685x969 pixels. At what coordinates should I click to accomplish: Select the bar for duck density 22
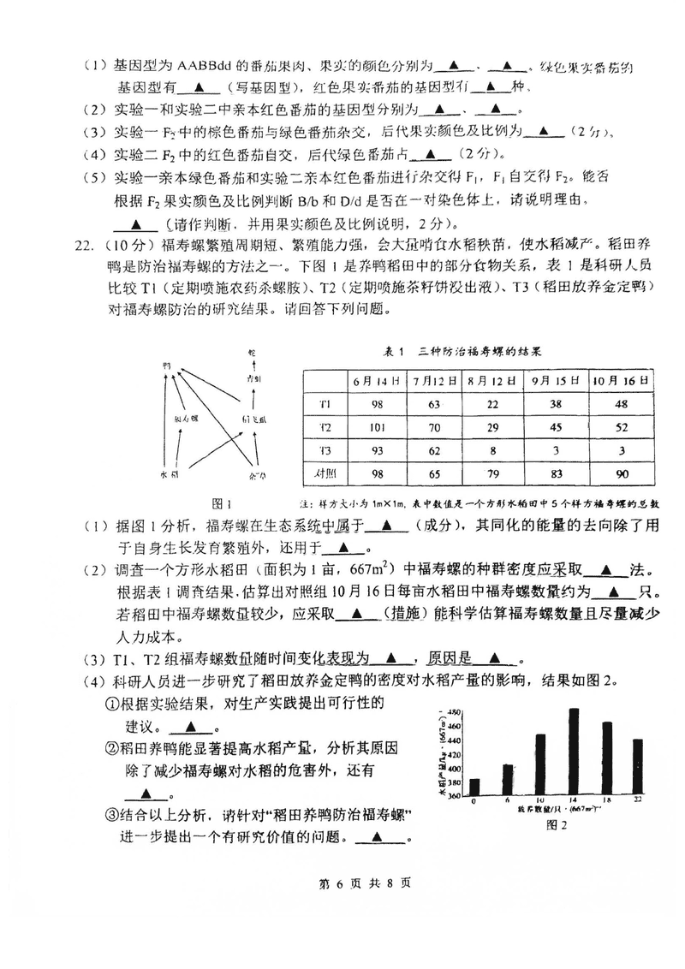(638, 767)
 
